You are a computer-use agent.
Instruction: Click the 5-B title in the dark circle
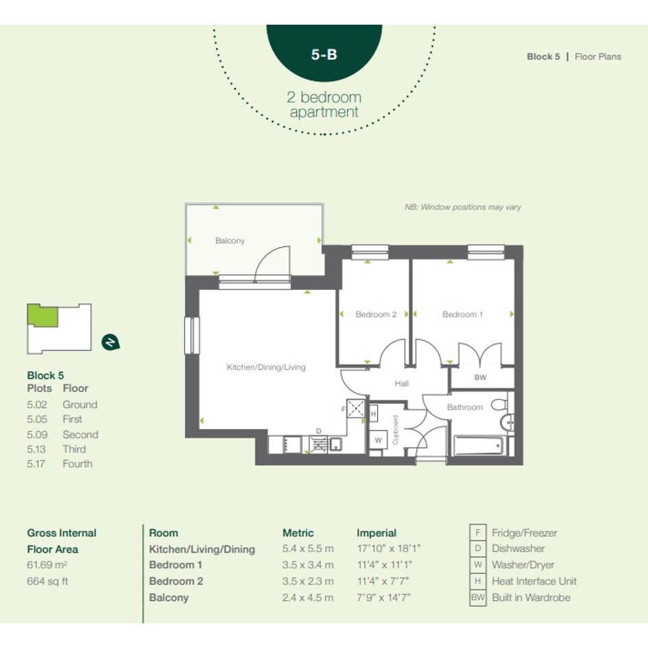[324, 54]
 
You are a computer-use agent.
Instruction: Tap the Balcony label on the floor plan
[230, 241]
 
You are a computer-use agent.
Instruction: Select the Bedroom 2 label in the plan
[376, 315]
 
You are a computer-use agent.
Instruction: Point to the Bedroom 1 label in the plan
[462, 315]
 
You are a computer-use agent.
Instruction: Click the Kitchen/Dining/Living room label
[266, 367]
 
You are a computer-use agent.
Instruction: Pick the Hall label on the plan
[401, 383]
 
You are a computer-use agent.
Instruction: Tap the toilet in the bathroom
[500, 405]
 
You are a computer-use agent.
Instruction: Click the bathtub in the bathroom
[479, 445]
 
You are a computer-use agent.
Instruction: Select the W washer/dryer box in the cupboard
[378, 440]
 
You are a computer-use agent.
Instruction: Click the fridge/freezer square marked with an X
[355, 409]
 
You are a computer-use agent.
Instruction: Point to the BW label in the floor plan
[480, 377]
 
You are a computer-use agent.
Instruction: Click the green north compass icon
[110, 342]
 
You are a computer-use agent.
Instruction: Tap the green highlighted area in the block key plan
[42, 315]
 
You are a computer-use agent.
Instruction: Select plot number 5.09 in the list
[37, 435]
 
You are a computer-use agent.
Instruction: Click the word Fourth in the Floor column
[77, 464]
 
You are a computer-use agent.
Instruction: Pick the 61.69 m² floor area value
[47, 565]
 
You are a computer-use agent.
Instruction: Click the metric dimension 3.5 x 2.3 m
[308, 581]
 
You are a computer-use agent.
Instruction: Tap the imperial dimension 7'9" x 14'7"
[383, 597]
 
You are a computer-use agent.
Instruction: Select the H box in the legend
[478, 581]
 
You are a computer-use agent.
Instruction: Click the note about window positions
[463, 207]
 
